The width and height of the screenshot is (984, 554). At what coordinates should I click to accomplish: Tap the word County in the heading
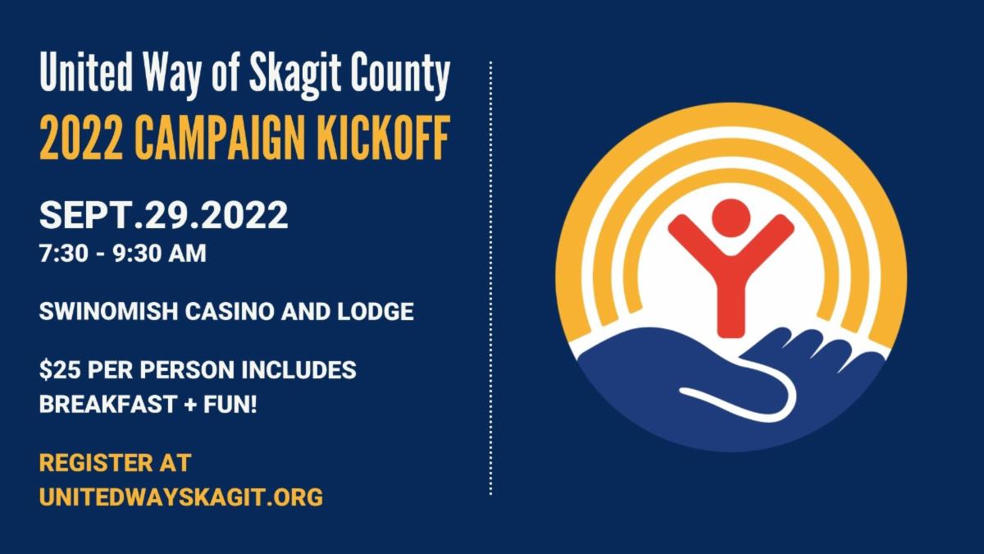tap(400, 75)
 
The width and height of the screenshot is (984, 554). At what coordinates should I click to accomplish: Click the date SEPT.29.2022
tap(163, 216)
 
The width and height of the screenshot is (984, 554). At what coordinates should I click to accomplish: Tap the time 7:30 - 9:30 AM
tap(122, 254)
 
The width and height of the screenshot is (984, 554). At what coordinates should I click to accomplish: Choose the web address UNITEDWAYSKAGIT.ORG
tap(180, 497)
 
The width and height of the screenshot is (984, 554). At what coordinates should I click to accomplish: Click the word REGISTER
tap(90, 462)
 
